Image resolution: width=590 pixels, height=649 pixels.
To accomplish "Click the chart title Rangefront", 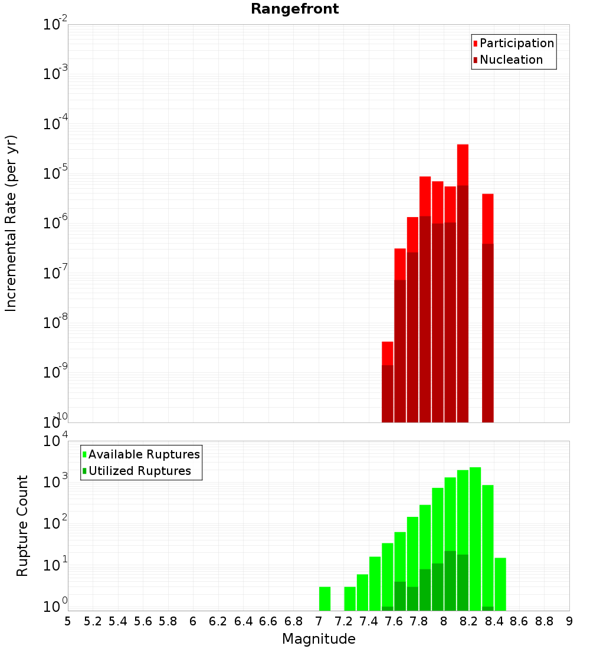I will pos(294,9).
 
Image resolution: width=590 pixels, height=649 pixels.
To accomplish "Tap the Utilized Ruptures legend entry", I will pos(139,471).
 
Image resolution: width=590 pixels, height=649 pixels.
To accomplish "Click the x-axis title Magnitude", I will pos(319,639).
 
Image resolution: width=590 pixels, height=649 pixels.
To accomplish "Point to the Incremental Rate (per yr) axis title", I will pos(11,224).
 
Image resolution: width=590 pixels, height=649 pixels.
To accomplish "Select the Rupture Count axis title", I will pos(22,526).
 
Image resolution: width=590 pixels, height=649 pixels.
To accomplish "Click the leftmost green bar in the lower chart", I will pos(324,598).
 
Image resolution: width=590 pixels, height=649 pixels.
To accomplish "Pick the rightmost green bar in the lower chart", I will pos(500,584).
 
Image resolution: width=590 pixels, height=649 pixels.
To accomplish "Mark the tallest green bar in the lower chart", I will pos(475,531).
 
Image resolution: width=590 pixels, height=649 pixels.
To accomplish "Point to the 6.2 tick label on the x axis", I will pos(218,621).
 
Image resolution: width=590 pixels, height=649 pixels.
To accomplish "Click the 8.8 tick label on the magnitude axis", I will pos(544,621).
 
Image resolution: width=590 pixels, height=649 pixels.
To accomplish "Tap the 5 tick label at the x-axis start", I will pos(68,621).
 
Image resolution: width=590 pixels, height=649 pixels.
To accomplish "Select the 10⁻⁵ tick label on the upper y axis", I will pos(55,173).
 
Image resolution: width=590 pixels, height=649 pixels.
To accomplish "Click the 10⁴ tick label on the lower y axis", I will pos(56,441).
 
